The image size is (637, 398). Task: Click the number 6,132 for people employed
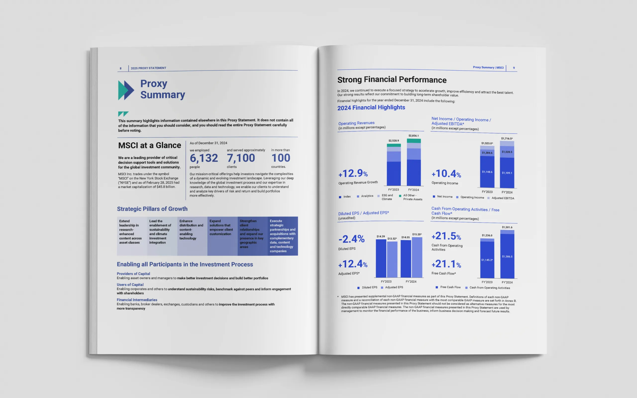204,158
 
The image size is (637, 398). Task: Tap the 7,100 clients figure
241,158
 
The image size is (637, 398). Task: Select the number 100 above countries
281,158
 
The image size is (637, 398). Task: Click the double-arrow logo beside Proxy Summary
126,90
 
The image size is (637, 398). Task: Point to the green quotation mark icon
123,114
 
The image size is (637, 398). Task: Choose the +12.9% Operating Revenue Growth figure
353,173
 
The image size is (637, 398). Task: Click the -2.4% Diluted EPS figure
351,239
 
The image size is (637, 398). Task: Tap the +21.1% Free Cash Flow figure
446,264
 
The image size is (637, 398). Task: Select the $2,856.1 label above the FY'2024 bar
414,136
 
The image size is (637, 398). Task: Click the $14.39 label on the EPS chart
381,237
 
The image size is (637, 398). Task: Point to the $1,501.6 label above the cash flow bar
507,227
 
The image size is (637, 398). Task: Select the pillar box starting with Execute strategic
283,236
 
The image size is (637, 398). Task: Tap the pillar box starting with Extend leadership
132,236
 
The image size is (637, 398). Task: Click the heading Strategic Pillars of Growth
152,209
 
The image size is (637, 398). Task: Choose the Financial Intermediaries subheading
137,300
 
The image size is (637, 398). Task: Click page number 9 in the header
514,68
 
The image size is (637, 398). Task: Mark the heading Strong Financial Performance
392,80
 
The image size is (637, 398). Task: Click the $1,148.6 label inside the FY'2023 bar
487,172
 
